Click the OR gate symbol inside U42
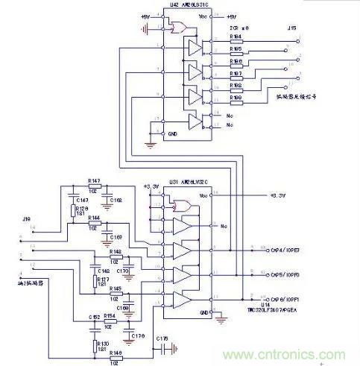tap(178, 28)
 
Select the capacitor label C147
tap(80, 200)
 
